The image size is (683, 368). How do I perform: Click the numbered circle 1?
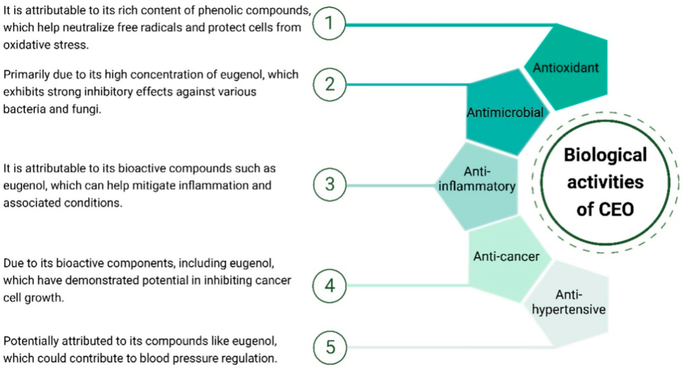(329, 23)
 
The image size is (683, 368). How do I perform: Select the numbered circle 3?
(330, 184)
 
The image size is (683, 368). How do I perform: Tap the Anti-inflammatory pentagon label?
(477, 179)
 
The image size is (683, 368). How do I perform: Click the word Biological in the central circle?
(605, 155)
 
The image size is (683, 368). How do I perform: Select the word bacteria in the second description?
(24, 109)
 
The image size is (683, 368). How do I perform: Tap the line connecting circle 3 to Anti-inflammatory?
(390, 185)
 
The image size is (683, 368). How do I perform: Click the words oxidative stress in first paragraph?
(46, 45)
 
